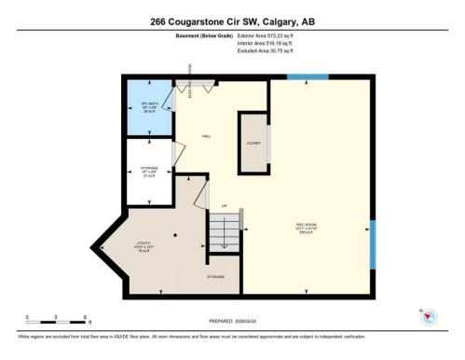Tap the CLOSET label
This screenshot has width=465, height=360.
253,143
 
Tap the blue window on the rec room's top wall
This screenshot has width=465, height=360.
307,76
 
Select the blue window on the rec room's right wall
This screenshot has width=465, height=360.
372,244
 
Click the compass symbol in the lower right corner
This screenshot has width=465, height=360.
429,318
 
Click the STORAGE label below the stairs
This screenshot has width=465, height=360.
216,276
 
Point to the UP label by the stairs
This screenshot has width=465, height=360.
224,206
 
